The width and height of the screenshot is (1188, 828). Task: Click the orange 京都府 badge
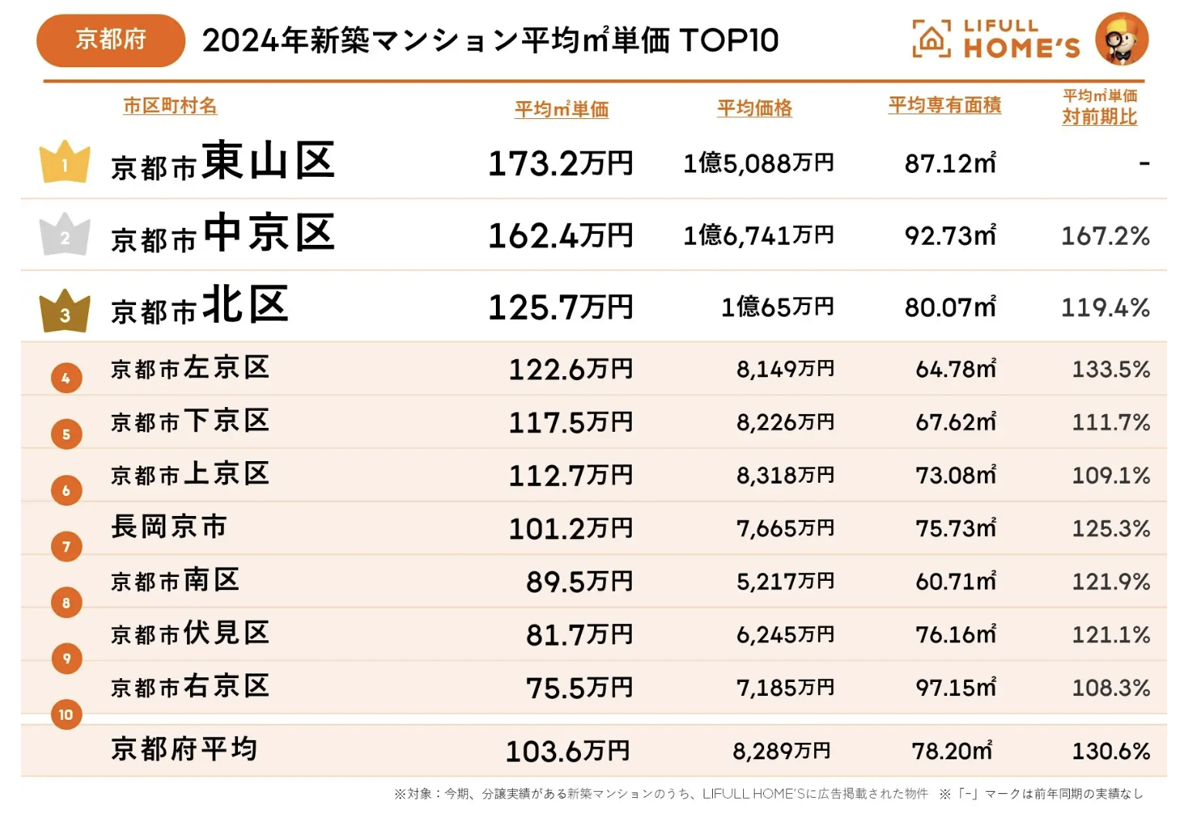click(x=111, y=40)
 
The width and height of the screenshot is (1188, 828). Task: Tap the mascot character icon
click(x=1122, y=39)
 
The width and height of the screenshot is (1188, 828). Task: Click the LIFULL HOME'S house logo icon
click(x=932, y=38)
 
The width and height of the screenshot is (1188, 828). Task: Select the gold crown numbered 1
click(x=65, y=161)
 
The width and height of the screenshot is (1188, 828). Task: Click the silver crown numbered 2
click(x=65, y=234)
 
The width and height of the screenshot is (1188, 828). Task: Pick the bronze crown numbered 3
click(x=65, y=310)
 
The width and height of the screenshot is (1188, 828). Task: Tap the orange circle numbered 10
click(x=66, y=714)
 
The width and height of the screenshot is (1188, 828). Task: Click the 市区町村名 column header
click(x=170, y=106)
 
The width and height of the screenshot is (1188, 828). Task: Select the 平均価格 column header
click(x=755, y=108)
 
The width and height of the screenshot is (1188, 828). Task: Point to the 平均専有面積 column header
click(x=945, y=105)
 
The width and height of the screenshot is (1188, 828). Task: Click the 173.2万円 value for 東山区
click(x=560, y=163)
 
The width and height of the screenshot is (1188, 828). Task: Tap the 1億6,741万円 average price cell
click(x=759, y=236)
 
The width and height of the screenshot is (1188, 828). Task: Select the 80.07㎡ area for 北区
click(x=950, y=307)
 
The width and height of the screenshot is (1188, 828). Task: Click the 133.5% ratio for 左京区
click(x=1111, y=369)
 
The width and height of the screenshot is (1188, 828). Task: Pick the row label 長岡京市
click(x=168, y=527)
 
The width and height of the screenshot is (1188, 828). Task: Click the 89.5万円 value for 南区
click(x=579, y=582)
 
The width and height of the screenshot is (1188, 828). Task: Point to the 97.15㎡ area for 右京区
click(x=955, y=687)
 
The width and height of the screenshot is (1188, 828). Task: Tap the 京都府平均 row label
click(x=184, y=749)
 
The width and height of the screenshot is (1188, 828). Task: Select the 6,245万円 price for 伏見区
click(x=785, y=634)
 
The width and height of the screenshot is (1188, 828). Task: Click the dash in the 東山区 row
click(x=1144, y=164)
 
